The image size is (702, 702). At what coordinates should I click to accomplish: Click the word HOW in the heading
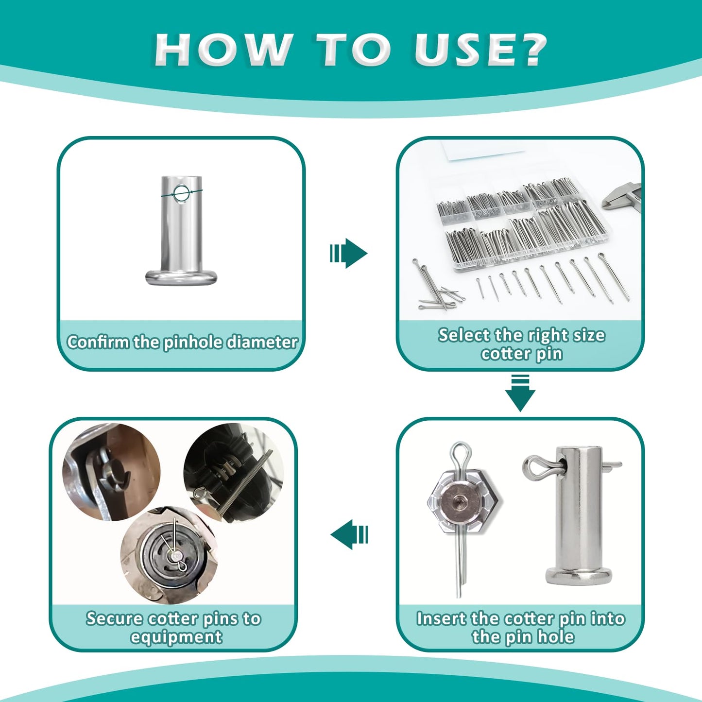[223, 50]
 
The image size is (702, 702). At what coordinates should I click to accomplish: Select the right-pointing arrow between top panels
[349, 253]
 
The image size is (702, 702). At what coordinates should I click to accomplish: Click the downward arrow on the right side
[520, 394]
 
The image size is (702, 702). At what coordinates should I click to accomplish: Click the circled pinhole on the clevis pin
[182, 193]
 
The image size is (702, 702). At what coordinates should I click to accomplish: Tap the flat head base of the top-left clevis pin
[181, 277]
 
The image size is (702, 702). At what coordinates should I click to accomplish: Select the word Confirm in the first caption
[99, 342]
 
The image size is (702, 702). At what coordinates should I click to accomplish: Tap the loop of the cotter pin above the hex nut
[460, 454]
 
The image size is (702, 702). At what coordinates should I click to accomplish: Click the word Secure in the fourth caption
[115, 618]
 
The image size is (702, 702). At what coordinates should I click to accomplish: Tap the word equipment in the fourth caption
[176, 637]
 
